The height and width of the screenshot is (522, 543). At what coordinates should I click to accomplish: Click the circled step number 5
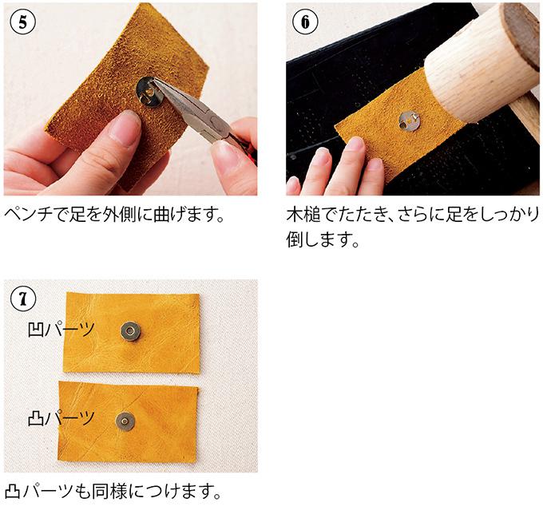point(22,22)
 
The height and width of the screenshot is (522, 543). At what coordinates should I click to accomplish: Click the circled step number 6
point(304,22)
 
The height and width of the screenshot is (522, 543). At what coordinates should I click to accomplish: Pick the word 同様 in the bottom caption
point(118,488)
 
